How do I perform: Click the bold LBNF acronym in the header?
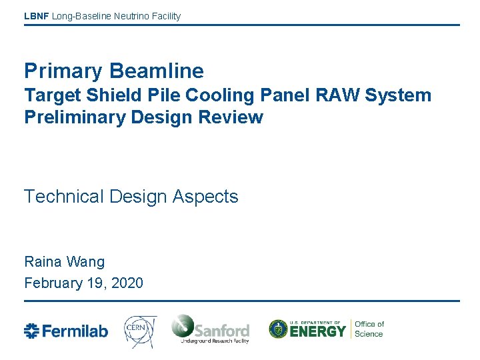(x=36, y=16)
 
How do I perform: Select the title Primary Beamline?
(x=114, y=71)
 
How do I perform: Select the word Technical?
(x=64, y=197)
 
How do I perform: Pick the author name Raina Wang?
(x=64, y=261)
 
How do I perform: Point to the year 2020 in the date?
(x=127, y=283)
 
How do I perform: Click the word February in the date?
(x=53, y=283)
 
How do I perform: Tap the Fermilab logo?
(x=66, y=331)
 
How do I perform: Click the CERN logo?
(x=140, y=329)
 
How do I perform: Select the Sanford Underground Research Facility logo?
(x=210, y=329)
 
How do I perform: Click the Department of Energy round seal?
(x=278, y=329)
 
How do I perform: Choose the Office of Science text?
(x=369, y=329)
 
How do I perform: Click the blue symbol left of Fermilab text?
(x=32, y=331)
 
